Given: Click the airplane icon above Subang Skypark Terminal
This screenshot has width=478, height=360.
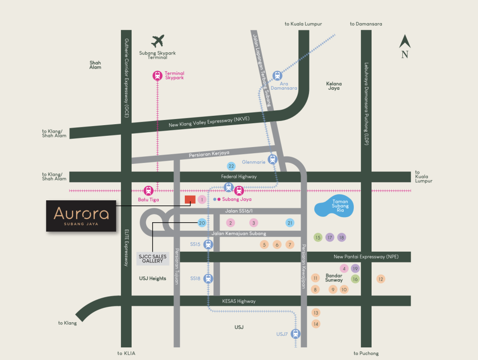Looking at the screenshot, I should [159, 41].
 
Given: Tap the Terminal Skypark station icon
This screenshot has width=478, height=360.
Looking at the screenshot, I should [157, 75].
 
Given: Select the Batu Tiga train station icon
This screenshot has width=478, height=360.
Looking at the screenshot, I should [148, 190].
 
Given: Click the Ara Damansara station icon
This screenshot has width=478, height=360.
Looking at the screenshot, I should [277, 75].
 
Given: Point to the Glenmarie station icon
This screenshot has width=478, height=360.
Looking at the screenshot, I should [273, 159].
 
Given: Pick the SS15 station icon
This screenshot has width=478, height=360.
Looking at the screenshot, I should [208, 244].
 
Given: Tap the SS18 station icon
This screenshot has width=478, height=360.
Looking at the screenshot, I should [208, 279].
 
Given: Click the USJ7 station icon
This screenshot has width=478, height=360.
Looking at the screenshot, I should [295, 333].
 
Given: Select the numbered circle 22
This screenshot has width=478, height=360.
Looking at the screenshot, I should [231, 166].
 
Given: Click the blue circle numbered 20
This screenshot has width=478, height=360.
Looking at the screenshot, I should [202, 223].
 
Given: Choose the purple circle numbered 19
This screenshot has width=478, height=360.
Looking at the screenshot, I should [355, 268].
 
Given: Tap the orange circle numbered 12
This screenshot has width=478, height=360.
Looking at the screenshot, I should [381, 279].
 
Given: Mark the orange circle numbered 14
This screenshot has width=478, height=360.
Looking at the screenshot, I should [316, 324].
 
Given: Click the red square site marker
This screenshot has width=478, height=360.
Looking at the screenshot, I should [190, 200].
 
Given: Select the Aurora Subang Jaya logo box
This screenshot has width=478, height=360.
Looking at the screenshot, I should [81, 216].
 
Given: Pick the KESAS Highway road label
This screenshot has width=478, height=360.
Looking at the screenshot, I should [239, 301].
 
